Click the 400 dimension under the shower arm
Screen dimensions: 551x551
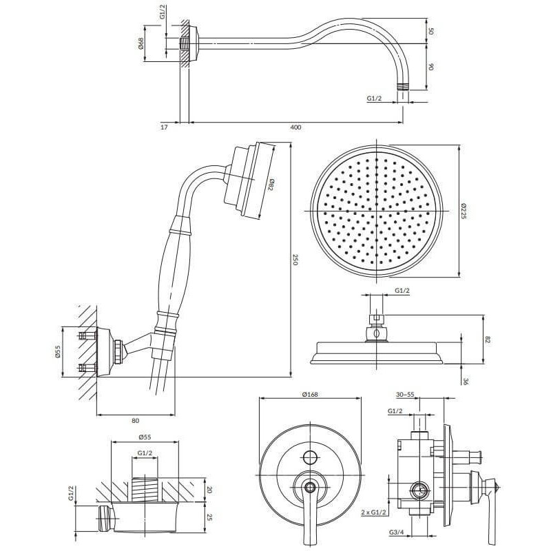click(x=296, y=127)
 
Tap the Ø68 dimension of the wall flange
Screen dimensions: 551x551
click(x=141, y=43)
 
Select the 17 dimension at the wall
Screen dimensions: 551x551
click(x=164, y=127)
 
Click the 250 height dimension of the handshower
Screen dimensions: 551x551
click(x=295, y=260)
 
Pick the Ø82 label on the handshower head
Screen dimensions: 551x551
click(x=271, y=185)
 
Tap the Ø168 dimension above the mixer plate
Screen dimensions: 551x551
click(x=310, y=394)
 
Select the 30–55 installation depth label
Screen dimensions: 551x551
click(x=405, y=395)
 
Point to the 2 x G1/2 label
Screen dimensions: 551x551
click(x=373, y=512)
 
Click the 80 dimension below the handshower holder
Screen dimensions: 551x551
click(x=136, y=421)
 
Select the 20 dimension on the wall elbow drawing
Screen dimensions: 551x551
click(x=209, y=490)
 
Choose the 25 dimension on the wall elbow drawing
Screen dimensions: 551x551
click(x=209, y=518)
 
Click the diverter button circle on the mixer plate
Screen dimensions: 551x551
click(x=310, y=457)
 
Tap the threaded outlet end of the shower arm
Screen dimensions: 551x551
click(x=403, y=87)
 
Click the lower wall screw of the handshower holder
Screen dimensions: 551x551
click(x=88, y=368)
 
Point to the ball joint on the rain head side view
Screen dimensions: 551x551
click(x=376, y=333)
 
